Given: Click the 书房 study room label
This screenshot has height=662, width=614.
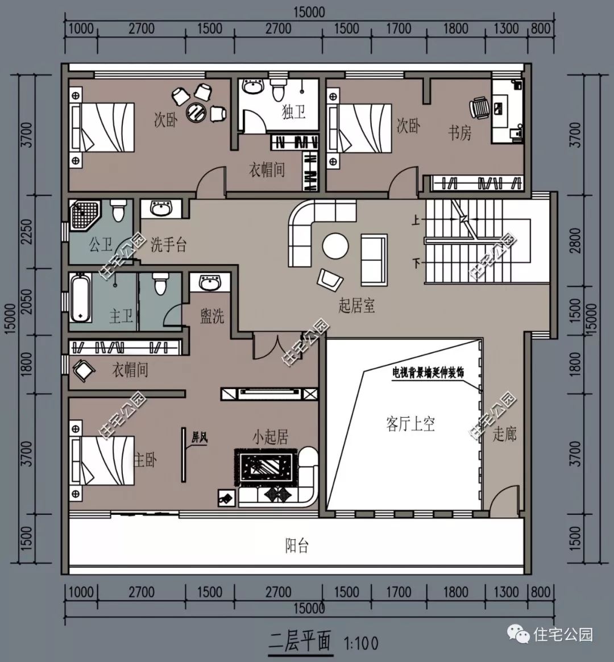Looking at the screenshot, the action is tap(459, 133).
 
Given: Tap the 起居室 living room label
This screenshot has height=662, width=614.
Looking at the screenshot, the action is tap(356, 305).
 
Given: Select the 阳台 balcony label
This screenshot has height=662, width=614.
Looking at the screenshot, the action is tap(297, 546).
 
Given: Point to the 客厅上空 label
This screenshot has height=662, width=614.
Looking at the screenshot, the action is tap(410, 424).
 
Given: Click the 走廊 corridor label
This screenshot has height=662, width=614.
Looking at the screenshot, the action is tap(505, 434).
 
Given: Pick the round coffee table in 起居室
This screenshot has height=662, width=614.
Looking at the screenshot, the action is tap(336, 246).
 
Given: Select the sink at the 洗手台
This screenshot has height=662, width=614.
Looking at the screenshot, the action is tap(161, 209).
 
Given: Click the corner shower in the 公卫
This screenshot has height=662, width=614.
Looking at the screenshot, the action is tap(85, 215).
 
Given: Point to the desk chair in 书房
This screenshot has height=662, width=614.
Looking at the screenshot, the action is tap(480, 108).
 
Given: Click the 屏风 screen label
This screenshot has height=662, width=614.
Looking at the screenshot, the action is tap(200, 438).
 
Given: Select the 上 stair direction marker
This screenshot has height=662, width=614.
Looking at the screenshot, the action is tap(416, 220).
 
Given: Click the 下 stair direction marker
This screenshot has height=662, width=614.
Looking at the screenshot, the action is tap(416, 264).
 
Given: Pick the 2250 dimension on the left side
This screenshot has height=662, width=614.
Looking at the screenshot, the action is tap(26, 231).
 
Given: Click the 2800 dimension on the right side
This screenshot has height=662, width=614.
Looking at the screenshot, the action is tap(575, 240).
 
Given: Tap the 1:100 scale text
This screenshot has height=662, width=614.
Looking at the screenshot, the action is tap(361, 643).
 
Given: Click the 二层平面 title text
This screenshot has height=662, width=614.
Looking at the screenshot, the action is tap(300, 642).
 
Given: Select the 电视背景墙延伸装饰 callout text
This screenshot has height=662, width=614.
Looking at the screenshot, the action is tap(428, 372).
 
